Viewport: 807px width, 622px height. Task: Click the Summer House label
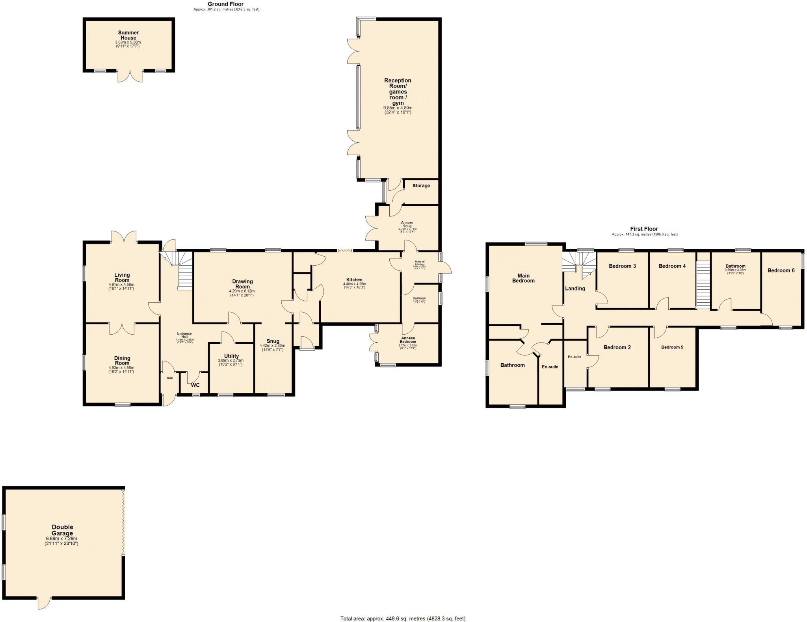point(128,35)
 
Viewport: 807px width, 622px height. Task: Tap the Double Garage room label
point(63,530)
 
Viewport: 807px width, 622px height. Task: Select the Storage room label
point(421,186)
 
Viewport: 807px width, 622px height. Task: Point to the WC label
point(195,385)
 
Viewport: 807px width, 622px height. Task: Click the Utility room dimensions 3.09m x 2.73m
point(231,360)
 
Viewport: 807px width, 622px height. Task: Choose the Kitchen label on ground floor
point(354,279)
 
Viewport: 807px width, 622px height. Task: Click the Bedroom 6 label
point(781,270)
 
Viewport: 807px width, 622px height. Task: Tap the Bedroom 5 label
point(672,347)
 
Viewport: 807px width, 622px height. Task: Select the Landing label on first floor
point(575,289)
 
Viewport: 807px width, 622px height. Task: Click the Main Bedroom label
point(523,278)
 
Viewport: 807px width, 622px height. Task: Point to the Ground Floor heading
point(226,4)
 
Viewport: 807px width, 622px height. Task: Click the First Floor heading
point(644,229)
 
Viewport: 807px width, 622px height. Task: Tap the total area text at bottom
point(403,618)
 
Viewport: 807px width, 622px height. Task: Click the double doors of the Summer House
point(130,76)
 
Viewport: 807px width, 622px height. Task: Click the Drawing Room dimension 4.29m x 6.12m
point(242,291)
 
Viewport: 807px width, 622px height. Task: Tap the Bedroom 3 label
point(622,266)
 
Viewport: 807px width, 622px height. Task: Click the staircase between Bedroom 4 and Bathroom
point(703,284)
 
